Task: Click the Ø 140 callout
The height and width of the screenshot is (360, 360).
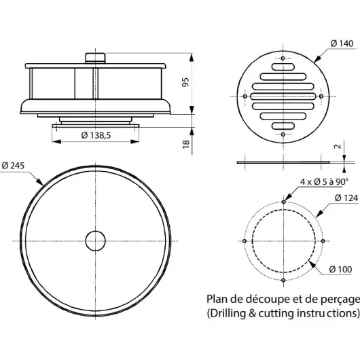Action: tap(342, 43)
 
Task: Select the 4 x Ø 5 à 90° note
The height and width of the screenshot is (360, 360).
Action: tap(324, 181)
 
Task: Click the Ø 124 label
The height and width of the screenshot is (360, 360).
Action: tap(346, 198)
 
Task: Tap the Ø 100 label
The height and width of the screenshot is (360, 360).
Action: tap(340, 269)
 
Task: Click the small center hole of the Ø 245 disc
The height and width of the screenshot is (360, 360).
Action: tap(96, 240)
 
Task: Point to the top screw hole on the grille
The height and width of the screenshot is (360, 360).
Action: tap(283, 60)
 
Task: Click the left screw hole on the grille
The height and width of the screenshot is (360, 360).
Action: tap(245, 97)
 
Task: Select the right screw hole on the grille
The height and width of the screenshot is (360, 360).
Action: tap(321, 97)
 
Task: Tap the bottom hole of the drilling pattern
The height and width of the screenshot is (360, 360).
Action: tap(283, 279)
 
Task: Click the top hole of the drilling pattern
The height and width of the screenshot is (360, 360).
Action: tap(283, 202)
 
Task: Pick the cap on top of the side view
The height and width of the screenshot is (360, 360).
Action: tap(94, 58)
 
